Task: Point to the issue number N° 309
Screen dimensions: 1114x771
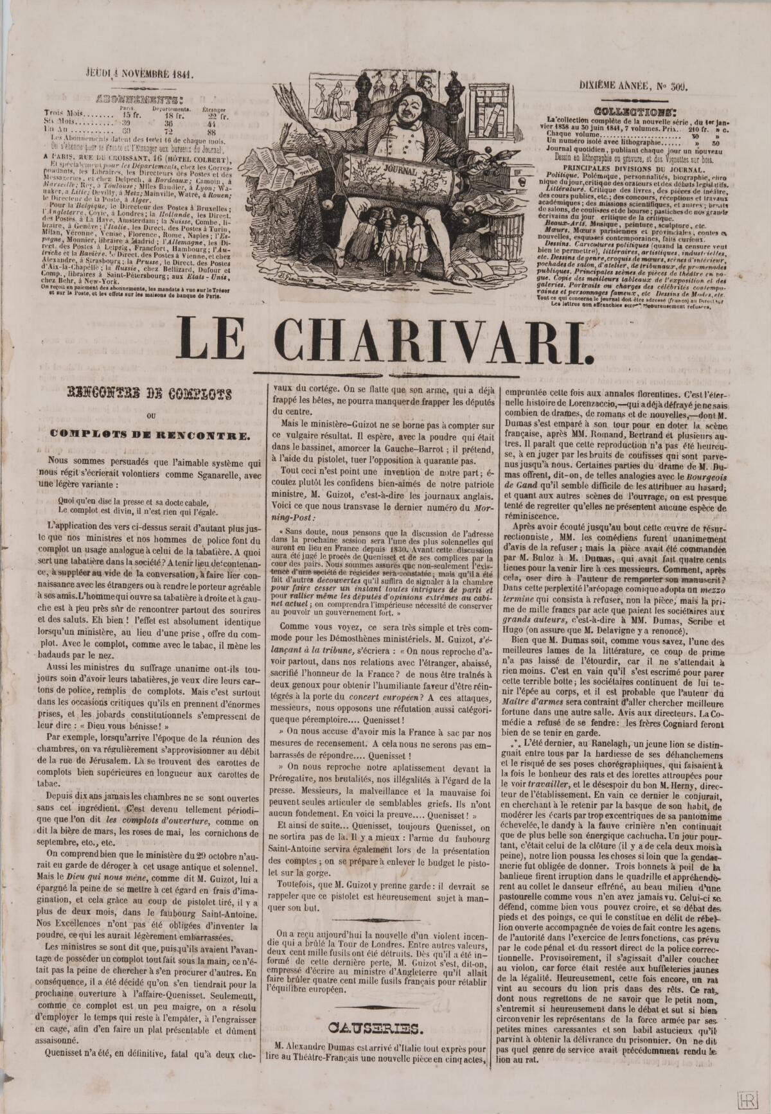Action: point(672,85)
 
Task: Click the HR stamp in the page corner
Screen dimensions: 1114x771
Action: point(747,1098)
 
